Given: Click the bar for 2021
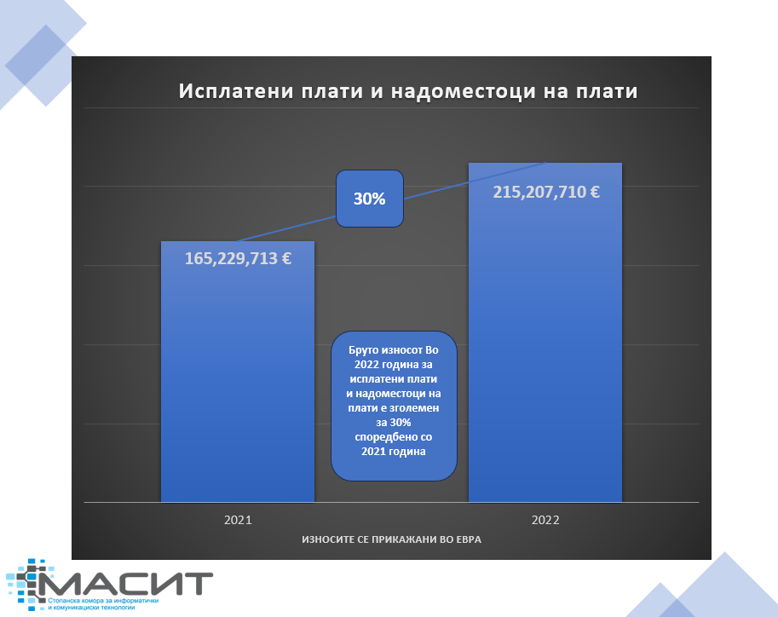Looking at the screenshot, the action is (238, 372).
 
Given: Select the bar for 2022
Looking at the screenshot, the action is (545, 332).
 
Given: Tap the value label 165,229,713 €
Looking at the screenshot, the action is (238, 258).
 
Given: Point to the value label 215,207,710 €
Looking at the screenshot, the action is (545, 192).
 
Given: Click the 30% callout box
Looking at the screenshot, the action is (370, 199).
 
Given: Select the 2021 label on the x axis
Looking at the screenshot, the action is (238, 520).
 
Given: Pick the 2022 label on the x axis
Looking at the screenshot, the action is (545, 520).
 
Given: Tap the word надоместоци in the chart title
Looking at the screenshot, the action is (464, 92).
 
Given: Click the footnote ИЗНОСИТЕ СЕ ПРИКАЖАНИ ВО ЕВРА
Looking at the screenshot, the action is (391, 539).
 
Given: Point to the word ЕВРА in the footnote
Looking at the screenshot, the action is (468, 539).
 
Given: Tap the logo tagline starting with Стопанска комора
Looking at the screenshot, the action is (103, 603).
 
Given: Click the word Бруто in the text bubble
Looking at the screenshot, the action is (365, 350).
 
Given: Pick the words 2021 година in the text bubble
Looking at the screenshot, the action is (394, 452).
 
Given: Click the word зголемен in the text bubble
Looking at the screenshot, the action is (415, 408).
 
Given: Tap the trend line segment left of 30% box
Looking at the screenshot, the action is (287, 229).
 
